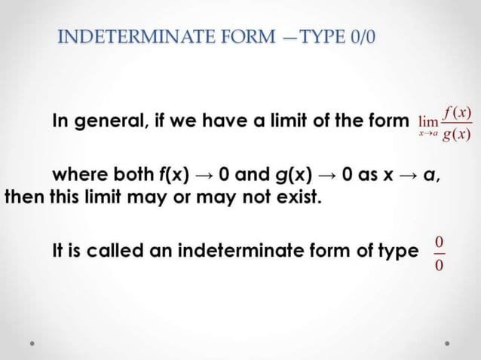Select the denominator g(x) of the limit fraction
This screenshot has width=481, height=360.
[x=457, y=136]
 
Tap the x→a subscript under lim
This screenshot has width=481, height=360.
[x=427, y=133]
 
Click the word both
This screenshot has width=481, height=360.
[x=133, y=177]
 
